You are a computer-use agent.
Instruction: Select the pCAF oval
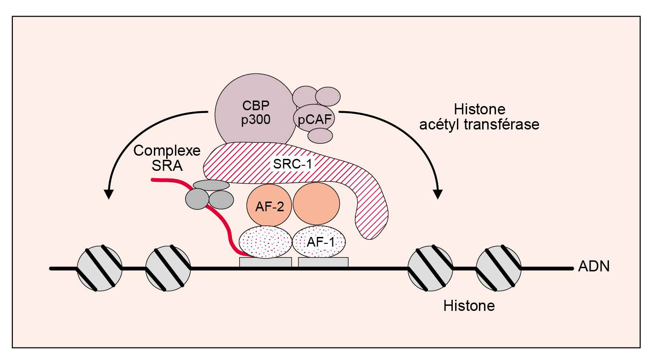click(x=314, y=120)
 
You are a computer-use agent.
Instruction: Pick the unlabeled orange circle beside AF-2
click(x=316, y=203)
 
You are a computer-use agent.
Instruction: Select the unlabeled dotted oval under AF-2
click(x=265, y=242)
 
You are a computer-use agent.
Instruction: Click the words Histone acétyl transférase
click(x=479, y=117)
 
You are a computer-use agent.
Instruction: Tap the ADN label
click(x=594, y=267)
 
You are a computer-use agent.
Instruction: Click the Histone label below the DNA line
click(x=469, y=305)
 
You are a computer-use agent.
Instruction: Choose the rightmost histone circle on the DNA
click(x=499, y=268)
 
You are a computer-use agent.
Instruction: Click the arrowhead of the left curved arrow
click(x=108, y=194)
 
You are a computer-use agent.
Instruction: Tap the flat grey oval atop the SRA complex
click(x=211, y=185)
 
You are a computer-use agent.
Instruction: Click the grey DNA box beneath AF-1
click(x=323, y=262)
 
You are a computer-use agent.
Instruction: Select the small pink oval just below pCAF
click(x=320, y=135)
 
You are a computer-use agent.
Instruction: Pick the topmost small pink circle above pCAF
click(x=328, y=96)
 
